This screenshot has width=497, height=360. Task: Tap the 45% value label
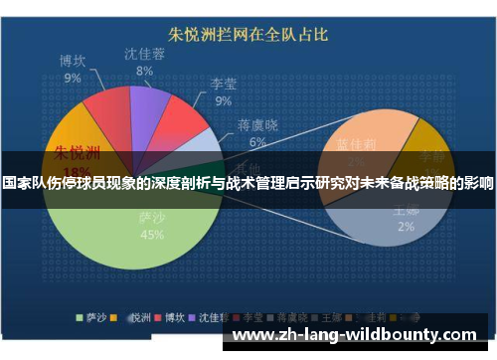pyautogui.click(x=152, y=235)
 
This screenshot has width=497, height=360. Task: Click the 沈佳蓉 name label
pyautogui.click(x=145, y=55)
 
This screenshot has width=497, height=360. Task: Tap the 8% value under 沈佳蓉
pyautogui.click(x=145, y=71)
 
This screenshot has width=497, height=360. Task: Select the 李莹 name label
pyautogui.click(x=223, y=85)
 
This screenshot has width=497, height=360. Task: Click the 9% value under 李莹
pyautogui.click(x=223, y=100)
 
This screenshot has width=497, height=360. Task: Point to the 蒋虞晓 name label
pyautogui.click(x=257, y=126)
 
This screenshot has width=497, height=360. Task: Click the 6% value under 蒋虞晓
pyautogui.click(x=257, y=142)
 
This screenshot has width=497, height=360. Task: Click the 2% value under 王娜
pyautogui.click(x=405, y=226)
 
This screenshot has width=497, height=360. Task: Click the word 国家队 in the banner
pyautogui.click(x=27, y=184)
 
